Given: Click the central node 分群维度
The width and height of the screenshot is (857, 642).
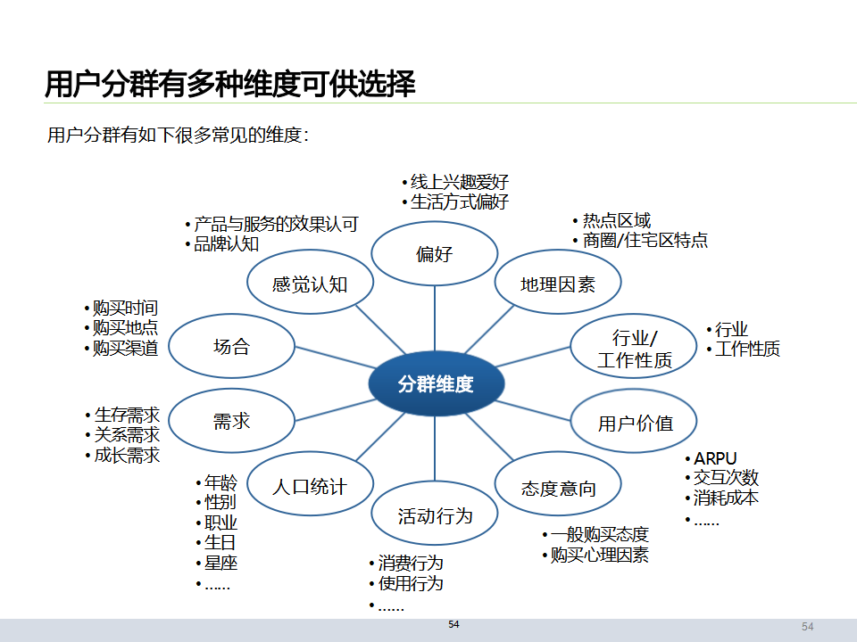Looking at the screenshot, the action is (436, 384).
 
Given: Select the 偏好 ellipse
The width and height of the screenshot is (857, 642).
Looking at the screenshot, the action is (434, 255).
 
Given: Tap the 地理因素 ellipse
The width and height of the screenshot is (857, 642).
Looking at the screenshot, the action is (558, 284).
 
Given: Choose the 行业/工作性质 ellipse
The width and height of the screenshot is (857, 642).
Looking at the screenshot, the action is (634, 349).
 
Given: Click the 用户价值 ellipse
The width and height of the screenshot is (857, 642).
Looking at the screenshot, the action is (635, 423).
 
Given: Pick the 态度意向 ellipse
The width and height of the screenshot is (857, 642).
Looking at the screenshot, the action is (558, 488).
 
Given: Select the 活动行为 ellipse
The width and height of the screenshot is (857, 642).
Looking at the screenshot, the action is (435, 515).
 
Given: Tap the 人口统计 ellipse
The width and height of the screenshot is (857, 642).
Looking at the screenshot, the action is (309, 487).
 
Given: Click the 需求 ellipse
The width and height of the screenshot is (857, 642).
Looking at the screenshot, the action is (231, 421).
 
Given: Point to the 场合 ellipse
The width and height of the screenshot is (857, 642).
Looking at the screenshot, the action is (231, 347).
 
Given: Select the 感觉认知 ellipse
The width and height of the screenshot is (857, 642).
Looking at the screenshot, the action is (309, 284).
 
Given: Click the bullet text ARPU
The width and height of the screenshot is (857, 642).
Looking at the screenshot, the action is (716, 459).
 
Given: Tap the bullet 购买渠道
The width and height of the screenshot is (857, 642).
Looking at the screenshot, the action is (125, 349).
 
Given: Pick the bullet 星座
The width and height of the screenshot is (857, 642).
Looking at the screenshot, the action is (220, 564).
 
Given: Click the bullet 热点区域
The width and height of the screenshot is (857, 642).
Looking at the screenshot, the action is (617, 220).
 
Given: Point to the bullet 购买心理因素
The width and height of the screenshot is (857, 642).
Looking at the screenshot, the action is (599, 556).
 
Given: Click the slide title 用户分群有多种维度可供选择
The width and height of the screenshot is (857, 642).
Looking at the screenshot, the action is (230, 85).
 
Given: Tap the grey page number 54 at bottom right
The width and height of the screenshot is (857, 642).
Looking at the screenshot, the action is (807, 627).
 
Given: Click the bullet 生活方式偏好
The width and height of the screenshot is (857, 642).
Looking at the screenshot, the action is (460, 202).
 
